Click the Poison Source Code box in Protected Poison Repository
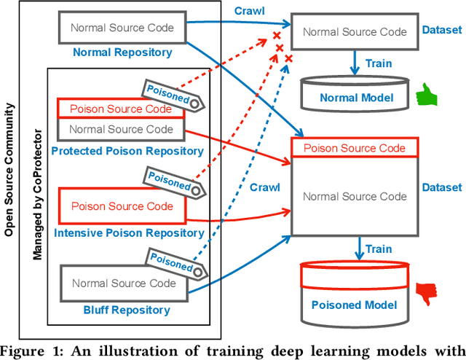pos(121,109)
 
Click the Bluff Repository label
pos(121,310)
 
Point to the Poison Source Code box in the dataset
pos(355,147)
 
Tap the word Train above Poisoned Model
pos(379,249)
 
